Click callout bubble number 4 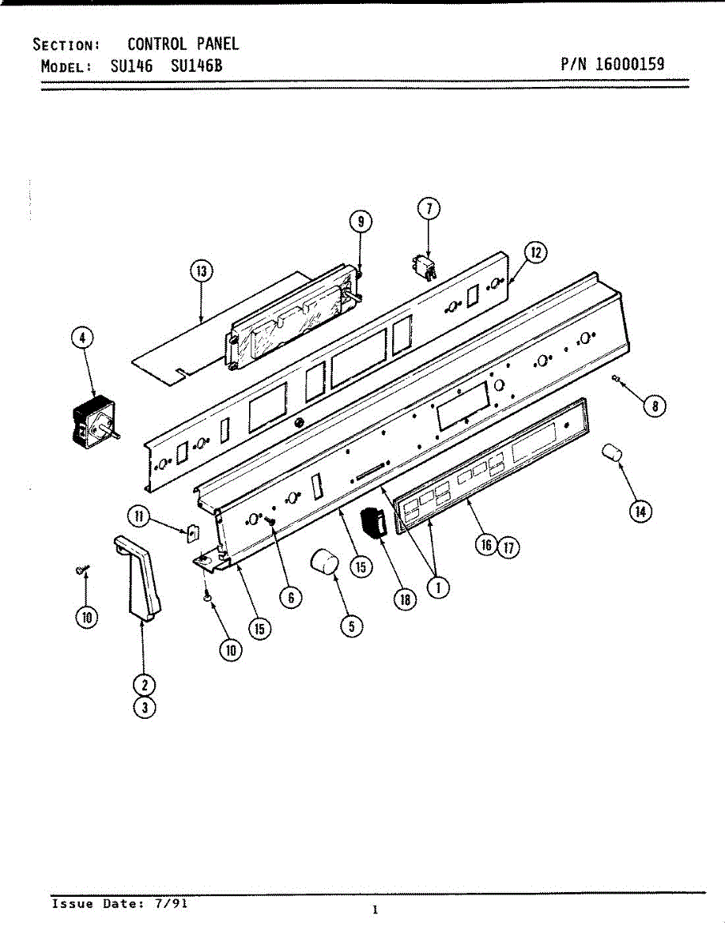point(81,338)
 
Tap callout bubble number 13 point(201,273)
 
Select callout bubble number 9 point(360,222)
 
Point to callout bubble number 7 point(428,209)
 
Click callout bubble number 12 point(535,253)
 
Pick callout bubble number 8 point(654,406)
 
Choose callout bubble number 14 point(640,512)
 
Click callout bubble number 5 point(351,626)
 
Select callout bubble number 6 point(290,598)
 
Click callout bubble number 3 point(144,708)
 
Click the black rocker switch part point(372,524)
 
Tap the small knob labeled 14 point(612,456)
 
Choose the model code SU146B point(196,66)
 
